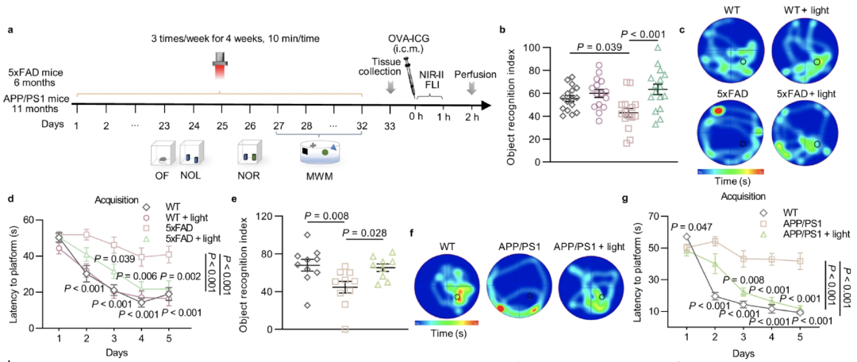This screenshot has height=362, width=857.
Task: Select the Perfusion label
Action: click(x=475, y=75)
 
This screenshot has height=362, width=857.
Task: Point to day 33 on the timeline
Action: click(x=390, y=126)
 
